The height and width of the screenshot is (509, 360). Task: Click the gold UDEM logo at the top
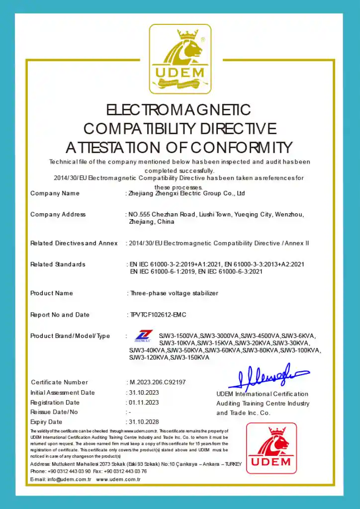pyautogui.click(x=180, y=59)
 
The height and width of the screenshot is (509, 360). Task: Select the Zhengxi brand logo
pyautogui.click(x=144, y=336)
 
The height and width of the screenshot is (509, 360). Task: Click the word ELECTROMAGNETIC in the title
pyautogui.click(x=179, y=109)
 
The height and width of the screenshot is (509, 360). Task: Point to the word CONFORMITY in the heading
pyautogui.click(x=241, y=148)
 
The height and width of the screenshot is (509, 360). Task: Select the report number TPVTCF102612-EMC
pyautogui.click(x=157, y=315)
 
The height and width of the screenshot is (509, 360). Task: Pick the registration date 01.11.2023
pyautogui.click(x=143, y=403)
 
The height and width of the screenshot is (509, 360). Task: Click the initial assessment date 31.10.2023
pyautogui.click(x=143, y=393)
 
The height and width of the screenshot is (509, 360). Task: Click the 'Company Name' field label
pyautogui.click(x=55, y=193)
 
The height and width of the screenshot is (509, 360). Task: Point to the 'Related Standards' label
pyautogui.click(x=58, y=264)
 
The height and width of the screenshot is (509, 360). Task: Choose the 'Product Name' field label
pyautogui.click(x=52, y=293)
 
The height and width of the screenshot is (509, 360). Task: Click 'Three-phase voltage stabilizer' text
pyautogui.click(x=174, y=293)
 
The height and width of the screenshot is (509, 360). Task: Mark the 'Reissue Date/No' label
pyautogui.click(x=54, y=412)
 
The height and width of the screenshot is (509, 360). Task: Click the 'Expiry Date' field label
pyautogui.click(x=46, y=422)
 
